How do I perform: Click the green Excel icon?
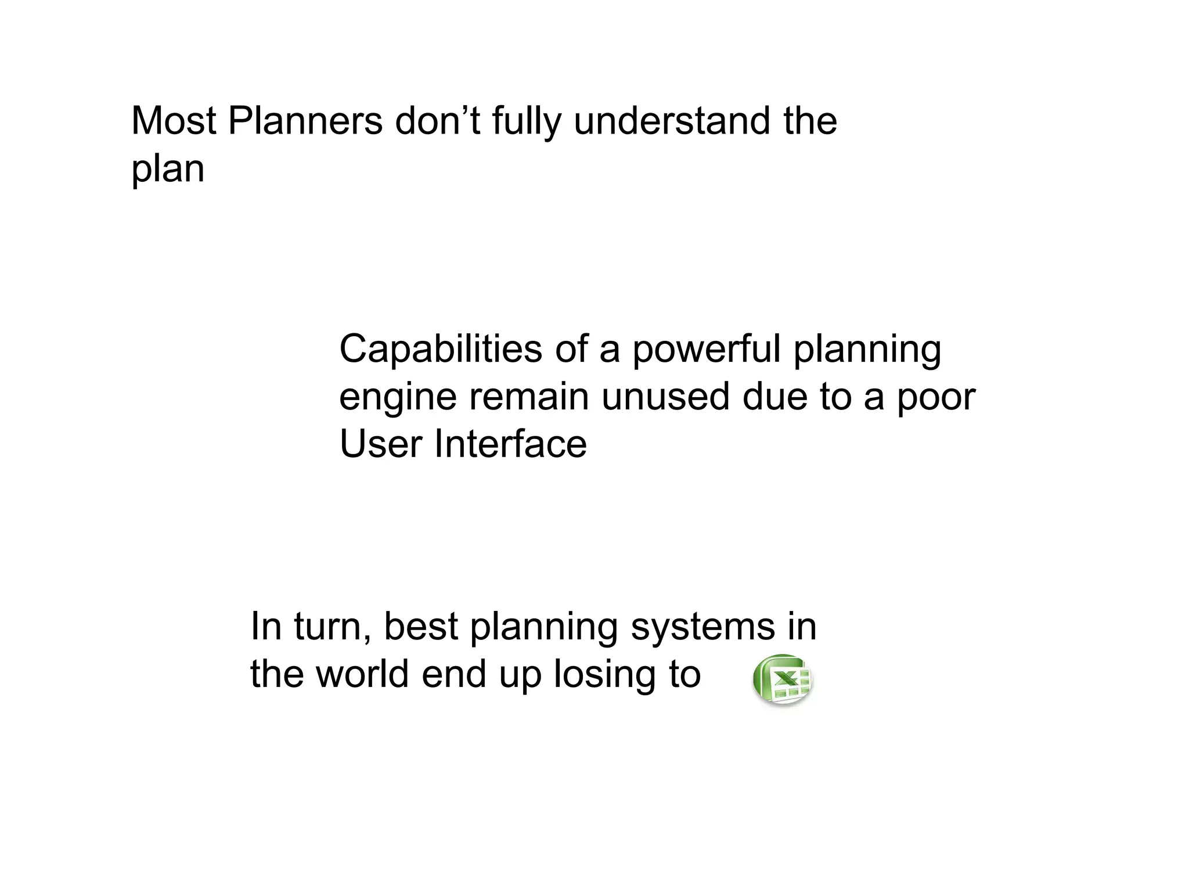[783, 679]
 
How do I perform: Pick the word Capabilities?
[440, 350]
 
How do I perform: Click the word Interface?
[510, 444]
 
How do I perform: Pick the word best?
[421, 627]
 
